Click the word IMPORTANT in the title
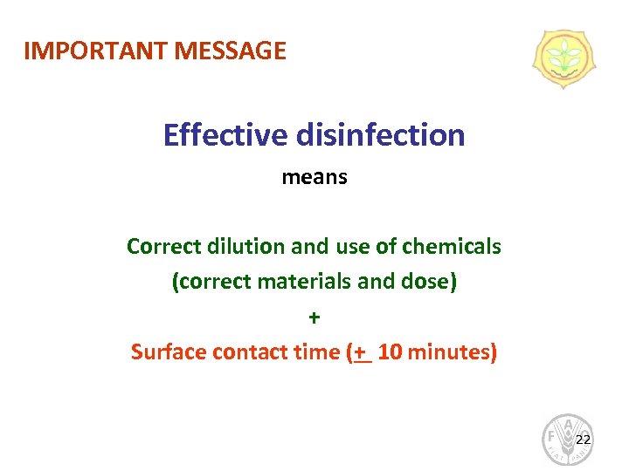pos(96,51)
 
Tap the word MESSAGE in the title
pos(231,51)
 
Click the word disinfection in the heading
pos(381,135)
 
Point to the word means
pos(314,178)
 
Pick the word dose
pos(432,283)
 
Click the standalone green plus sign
pos(314,317)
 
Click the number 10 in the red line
pos(391,352)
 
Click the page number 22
pos(584,439)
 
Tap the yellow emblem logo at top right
pos(564,59)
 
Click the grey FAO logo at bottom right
pos(567,439)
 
